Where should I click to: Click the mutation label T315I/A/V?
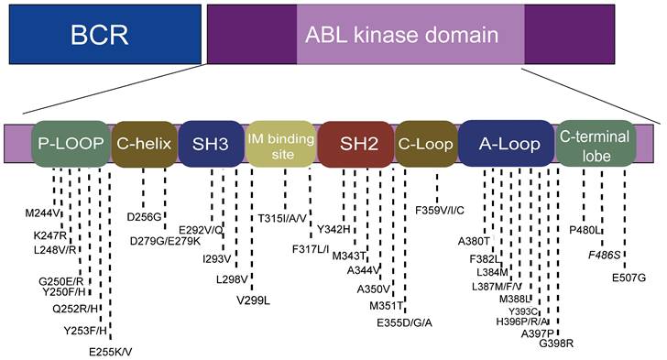click(290, 218)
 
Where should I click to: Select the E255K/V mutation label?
click(111, 351)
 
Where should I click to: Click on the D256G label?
click(145, 216)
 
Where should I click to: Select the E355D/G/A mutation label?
click(404, 322)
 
